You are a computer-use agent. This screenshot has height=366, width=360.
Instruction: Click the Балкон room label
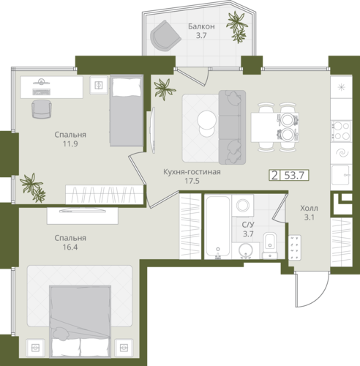(x=201, y=26)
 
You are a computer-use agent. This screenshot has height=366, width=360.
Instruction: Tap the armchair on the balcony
(x=165, y=36)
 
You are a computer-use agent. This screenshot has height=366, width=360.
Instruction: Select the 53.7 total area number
(x=294, y=175)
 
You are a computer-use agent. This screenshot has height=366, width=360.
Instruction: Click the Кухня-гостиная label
(x=192, y=172)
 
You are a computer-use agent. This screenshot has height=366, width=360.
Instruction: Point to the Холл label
(x=309, y=209)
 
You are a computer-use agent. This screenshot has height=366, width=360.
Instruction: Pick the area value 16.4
(x=70, y=247)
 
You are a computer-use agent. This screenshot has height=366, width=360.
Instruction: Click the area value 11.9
(x=70, y=143)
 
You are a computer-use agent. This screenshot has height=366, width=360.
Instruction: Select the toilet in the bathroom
(x=270, y=245)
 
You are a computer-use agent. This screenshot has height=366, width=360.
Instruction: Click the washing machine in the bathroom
(x=243, y=205)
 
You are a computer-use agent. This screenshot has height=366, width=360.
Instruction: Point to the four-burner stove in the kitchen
(x=341, y=131)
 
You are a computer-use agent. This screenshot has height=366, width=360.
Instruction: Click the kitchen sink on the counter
(x=341, y=175)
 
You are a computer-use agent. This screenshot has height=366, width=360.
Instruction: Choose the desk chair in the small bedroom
(x=42, y=109)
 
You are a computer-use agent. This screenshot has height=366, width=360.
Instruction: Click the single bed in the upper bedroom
(x=127, y=111)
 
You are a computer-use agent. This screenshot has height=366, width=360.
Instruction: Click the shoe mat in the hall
(x=295, y=247)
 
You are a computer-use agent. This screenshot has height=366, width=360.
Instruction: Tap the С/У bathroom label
(x=248, y=225)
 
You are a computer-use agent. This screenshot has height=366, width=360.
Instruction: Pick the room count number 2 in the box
(x=274, y=175)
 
